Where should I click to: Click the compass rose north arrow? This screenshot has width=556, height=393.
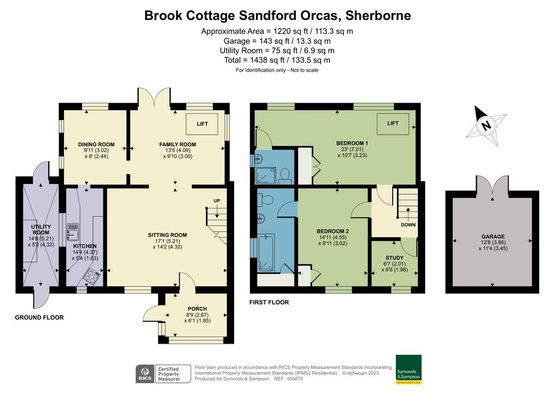(486, 125)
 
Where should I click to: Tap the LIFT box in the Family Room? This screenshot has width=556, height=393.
(202, 124)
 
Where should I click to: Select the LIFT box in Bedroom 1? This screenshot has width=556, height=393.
(393, 124)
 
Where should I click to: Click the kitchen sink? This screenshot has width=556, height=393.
(73, 232)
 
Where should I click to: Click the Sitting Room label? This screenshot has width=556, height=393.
(167, 235)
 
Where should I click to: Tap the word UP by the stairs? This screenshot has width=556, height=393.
(216, 201)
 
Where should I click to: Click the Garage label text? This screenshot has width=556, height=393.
(492, 237)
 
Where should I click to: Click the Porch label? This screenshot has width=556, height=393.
(193, 309)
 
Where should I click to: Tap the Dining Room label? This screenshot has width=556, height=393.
(96, 144)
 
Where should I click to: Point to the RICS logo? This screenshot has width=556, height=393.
(144, 374)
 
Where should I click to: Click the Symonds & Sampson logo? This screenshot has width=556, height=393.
(408, 369)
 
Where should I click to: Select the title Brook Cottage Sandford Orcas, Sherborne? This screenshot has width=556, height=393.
(277, 15)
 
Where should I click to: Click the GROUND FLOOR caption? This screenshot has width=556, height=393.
(39, 318)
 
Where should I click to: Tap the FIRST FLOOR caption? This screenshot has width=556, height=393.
(269, 302)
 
